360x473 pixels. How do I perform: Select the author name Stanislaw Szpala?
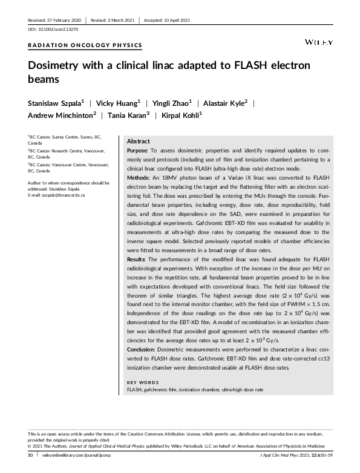59,103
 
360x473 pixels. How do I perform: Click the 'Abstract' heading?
138,140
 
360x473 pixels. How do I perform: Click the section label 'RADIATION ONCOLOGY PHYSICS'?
85,45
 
